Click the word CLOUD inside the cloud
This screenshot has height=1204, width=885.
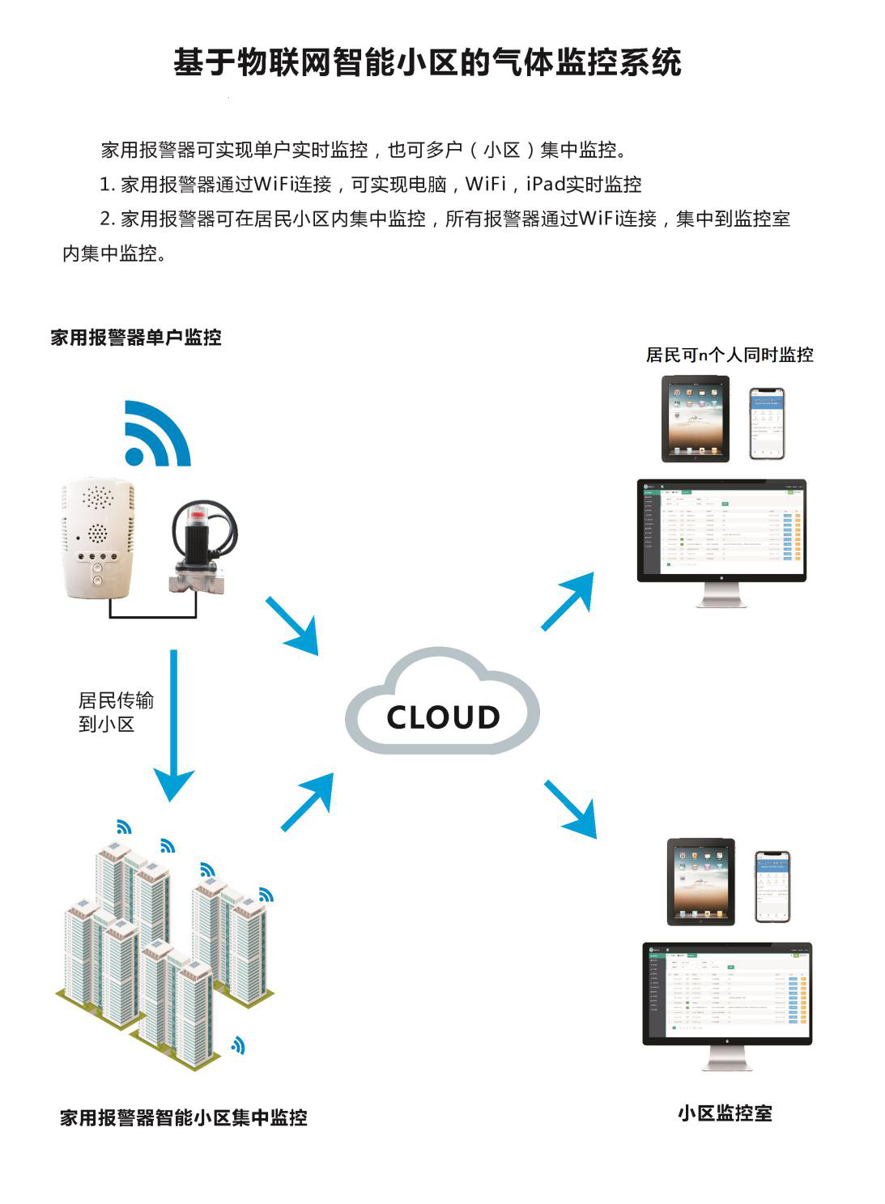pos(443,717)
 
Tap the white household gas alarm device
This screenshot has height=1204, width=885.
pos(98,538)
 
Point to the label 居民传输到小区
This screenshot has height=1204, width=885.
pos(115,712)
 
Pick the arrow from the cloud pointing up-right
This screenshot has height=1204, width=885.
pos(568,600)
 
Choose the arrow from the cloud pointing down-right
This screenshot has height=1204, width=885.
pos(571,808)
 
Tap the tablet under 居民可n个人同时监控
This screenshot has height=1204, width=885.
pos(695,419)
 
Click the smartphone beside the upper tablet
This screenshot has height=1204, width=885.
pos(766,423)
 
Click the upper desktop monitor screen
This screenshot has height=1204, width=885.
pos(721,530)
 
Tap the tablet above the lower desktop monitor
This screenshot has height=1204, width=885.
pos(700,882)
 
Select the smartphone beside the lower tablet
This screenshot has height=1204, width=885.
pos(772,887)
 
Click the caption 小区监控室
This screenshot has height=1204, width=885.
pos(725,1113)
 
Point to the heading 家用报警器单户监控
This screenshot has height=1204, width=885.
pos(136,338)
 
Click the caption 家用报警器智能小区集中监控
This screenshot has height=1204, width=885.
pos(184,1118)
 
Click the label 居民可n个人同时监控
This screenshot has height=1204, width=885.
pos(729,355)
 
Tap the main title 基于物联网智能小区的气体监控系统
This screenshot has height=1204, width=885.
pos(428,62)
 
